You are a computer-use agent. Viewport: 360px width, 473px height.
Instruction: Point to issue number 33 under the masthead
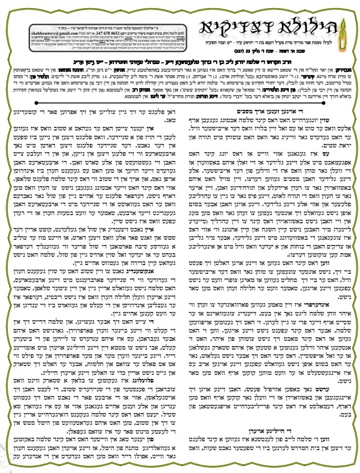click(x=243, y=61)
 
